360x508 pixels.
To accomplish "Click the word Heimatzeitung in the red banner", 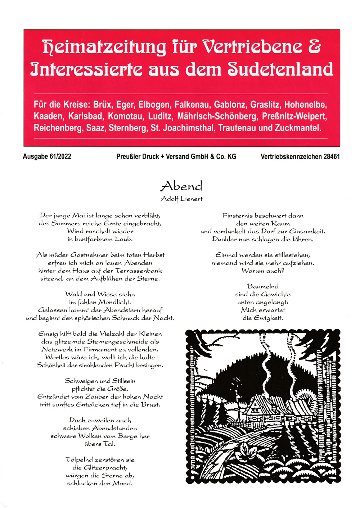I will (x=104, y=47).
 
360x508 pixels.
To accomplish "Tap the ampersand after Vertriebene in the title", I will (x=314, y=47).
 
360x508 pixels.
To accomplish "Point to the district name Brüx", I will (x=102, y=105).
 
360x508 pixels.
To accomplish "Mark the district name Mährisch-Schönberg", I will (x=217, y=116).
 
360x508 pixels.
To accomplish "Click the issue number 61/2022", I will (x=59, y=157).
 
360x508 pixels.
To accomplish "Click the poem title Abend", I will (x=181, y=186).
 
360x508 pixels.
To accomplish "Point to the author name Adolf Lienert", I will (x=181, y=199).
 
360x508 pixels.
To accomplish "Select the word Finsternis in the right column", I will (x=238, y=216).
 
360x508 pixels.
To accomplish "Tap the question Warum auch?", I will (x=263, y=271).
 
